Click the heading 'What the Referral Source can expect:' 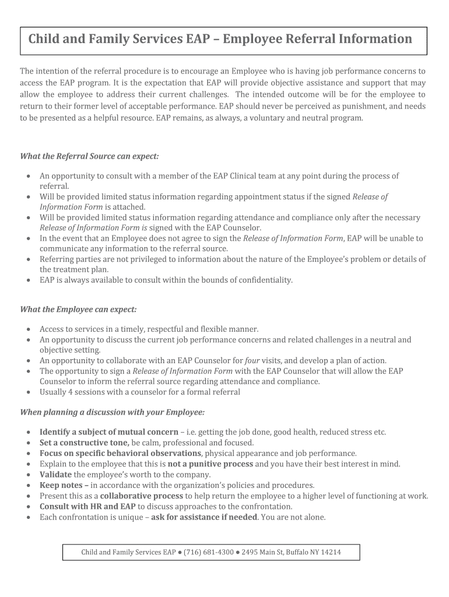tap(89, 156)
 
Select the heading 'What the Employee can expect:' tap(78, 309)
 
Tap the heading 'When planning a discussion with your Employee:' tap(113, 412)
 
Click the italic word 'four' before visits tap(252, 360)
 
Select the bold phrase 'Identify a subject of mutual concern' tap(108, 432)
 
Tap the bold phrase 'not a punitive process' tap(210, 464)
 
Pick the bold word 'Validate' tap(55, 475)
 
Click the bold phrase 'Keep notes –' tap(64, 485)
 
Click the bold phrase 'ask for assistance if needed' tap(204, 517)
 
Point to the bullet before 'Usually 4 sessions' tap(29, 392)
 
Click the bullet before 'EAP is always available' tap(29, 280)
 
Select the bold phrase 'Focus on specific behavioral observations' tap(120, 453)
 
